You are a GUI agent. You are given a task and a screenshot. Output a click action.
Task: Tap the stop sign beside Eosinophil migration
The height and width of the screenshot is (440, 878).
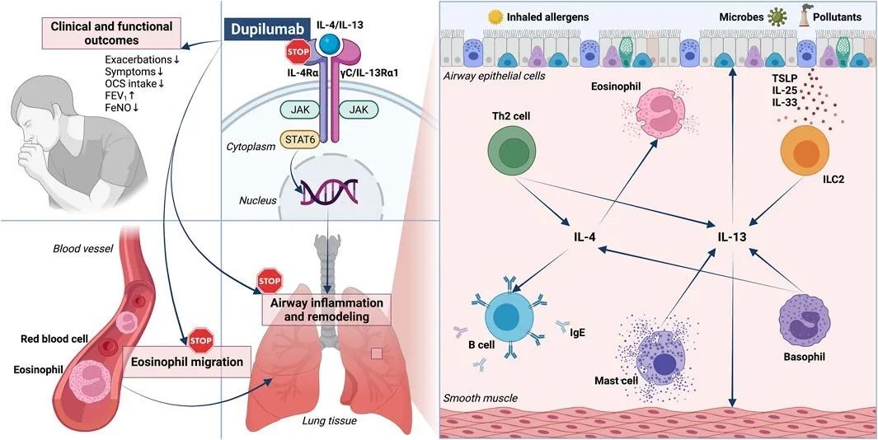pos(200,339)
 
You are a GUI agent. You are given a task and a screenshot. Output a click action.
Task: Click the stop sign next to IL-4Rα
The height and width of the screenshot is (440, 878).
pos(296,54)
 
